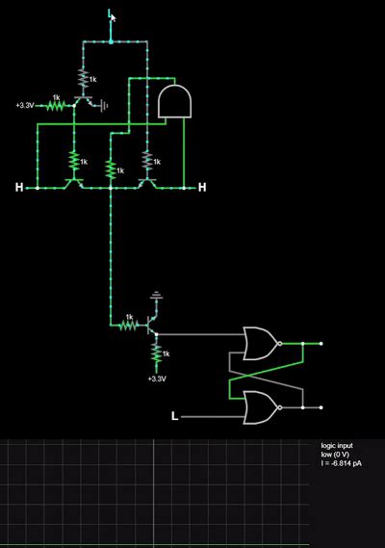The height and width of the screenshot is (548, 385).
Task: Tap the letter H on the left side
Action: tap(18, 187)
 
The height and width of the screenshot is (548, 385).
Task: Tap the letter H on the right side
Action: tap(202, 187)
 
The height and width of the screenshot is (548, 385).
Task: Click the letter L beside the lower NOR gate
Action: tap(174, 416)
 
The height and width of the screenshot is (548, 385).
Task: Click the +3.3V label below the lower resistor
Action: tap(156, 378)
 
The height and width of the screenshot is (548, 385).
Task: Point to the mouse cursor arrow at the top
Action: tap(112, 14)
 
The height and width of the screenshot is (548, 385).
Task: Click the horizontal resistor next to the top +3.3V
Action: tap(57, 105)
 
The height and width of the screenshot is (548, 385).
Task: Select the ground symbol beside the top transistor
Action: tap(103, 104)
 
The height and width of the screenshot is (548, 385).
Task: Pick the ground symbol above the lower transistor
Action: tap(157, 296)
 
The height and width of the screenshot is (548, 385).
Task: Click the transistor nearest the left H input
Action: tap(73, 181)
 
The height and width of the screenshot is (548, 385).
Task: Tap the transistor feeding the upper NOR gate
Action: tap(151, 326)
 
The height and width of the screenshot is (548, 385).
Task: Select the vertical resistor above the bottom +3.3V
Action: tap(156, 355)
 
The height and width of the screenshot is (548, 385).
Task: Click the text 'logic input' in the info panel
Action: tap(338, 446)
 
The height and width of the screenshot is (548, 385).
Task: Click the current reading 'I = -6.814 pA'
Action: tap(343, 463)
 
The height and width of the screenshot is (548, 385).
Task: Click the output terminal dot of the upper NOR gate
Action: tap(321, 343)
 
